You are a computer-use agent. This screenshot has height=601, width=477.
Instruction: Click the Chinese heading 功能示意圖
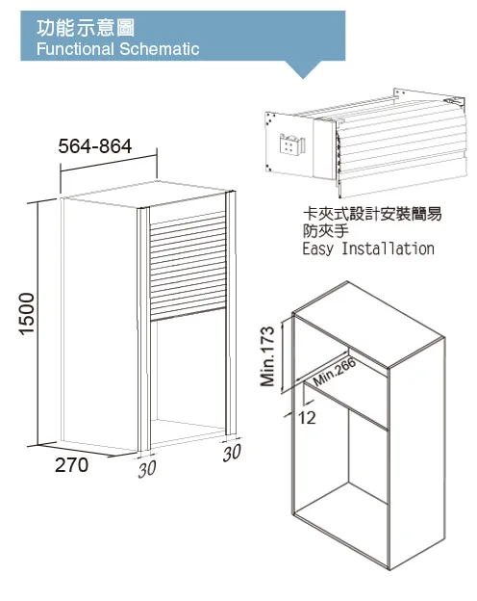(86, 28)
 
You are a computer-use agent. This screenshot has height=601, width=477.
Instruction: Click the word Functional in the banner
(75, 49)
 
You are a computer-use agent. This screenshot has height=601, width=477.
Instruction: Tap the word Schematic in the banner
(160, 49)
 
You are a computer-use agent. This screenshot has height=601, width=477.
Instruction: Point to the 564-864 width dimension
(95, 146)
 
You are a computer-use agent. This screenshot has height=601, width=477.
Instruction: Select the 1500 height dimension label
(27, 314)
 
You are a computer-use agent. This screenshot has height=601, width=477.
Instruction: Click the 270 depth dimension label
(71, 465)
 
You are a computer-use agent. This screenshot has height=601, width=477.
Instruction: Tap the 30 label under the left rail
(147, 469)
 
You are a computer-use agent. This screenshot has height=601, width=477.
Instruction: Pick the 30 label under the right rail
(232, 453)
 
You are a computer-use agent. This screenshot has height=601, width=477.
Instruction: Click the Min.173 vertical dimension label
(267, 356)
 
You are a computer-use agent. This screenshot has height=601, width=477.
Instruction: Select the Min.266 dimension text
(335, 373)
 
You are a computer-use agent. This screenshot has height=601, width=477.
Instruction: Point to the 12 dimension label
(307, 418)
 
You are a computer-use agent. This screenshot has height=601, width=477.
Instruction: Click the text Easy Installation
(368, 248)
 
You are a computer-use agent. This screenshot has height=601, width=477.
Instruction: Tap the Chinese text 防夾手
(326, 231)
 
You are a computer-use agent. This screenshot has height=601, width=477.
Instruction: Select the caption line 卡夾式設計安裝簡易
(372, 214)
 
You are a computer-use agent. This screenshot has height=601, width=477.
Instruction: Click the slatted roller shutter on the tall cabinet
(188, 265)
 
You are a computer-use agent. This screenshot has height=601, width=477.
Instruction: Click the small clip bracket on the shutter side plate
(291, 144)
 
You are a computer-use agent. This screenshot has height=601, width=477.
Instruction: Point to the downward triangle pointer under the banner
(303, 69)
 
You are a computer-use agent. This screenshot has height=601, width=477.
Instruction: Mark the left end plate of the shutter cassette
(289, 144)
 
